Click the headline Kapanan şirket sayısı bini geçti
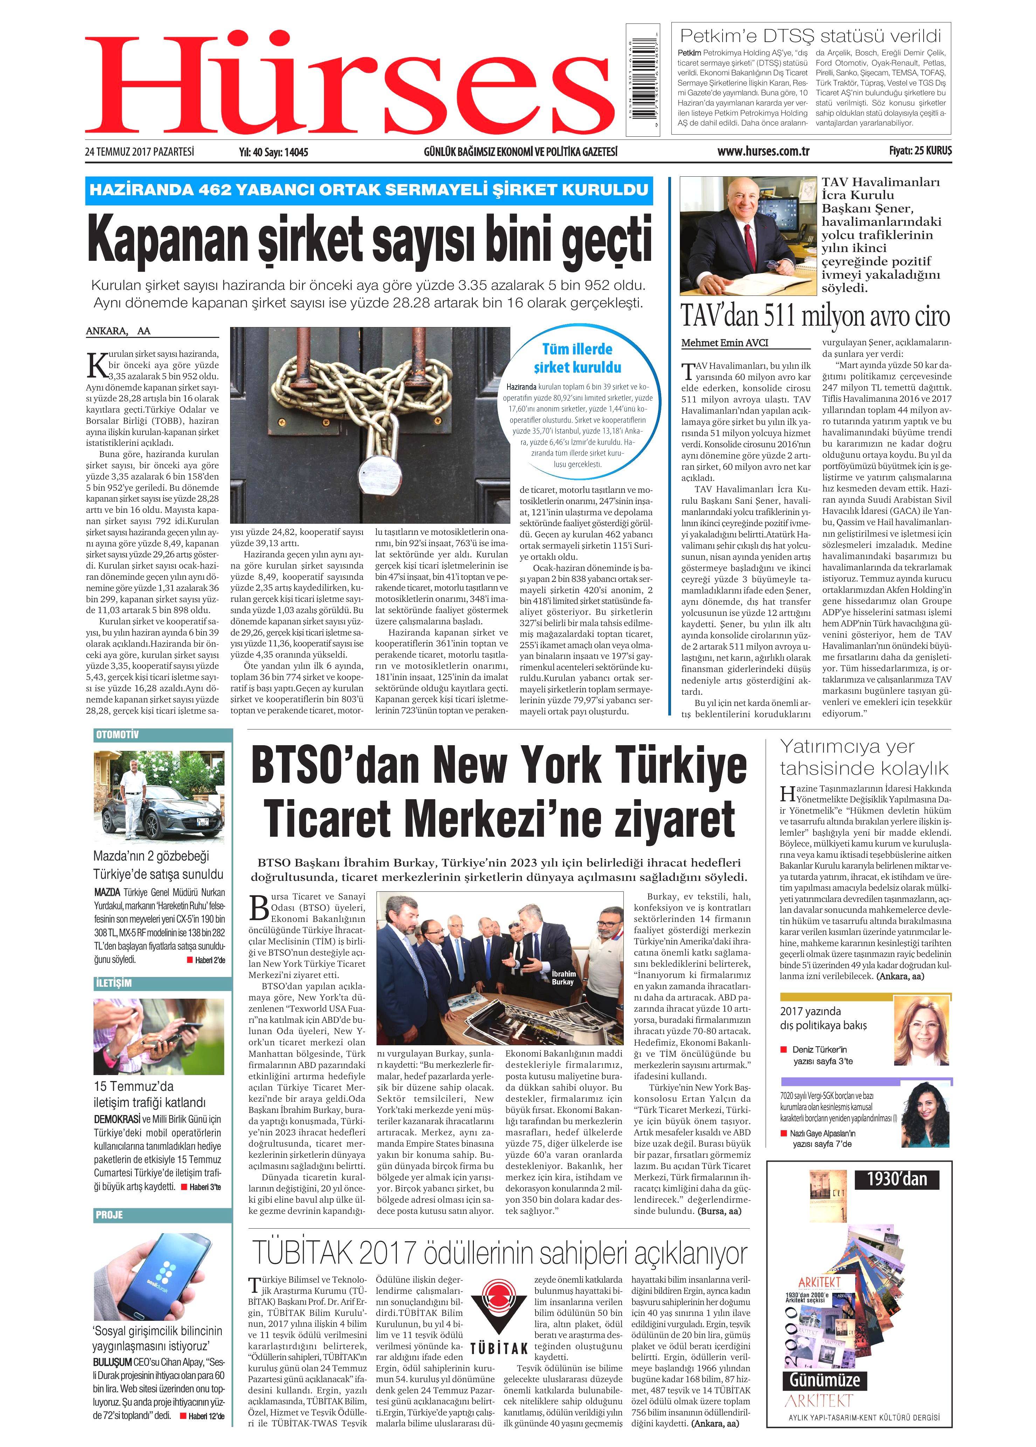coord(370,239)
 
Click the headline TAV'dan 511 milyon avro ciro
coord(815,316)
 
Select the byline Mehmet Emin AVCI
coord(725,342)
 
